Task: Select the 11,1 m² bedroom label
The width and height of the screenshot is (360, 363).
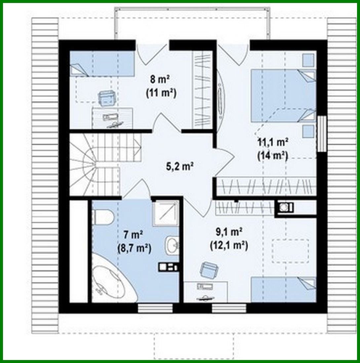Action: click(x=273, y=142)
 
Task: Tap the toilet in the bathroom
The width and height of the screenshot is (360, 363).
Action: click(x=103, y=217)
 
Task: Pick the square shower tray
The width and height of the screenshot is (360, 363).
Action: click(x=165, y=213)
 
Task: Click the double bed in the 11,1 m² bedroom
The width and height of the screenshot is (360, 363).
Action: click(x=283, y=95)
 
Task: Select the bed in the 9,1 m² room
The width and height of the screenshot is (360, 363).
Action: click(x=283, y=289)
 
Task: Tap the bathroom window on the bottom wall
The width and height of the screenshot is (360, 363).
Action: click(x=155, y=308)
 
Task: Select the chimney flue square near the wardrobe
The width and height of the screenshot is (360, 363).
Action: click(x=284, y=207)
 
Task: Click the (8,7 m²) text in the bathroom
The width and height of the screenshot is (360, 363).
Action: click(x=134, y=248)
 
